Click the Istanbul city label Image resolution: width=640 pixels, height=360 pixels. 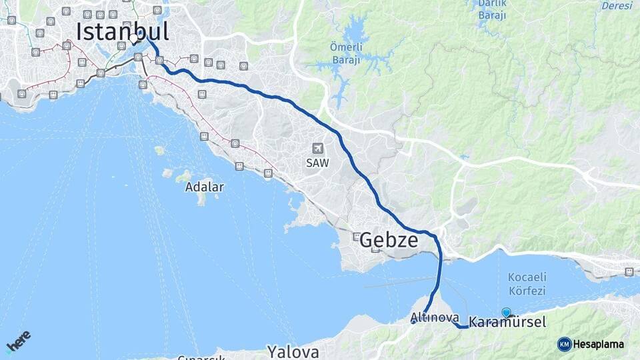[x=122, y=31]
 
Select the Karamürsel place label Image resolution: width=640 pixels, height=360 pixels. [x=507, y=322]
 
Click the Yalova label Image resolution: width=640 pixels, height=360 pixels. [x=293, y=351]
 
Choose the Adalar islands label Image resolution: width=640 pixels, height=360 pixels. [x=204, y=187]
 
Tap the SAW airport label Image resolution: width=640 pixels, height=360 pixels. [x=318, y=162]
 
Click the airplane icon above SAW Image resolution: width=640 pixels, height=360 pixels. [x=318, y=148]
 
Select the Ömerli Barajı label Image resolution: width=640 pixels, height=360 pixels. [x=345, y=53]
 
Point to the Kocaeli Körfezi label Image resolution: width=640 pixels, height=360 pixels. [x=527, y=283]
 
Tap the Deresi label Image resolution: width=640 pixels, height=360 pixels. [x=617, y=5]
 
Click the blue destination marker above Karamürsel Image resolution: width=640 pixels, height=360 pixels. [x=507, y=312]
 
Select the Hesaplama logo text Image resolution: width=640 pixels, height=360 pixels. [x=599, y=344]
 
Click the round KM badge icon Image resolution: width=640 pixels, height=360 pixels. [x=564, y=344]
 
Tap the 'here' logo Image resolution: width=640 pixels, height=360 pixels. [x=18, y=341]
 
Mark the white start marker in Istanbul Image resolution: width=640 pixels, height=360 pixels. [x=134, y=38]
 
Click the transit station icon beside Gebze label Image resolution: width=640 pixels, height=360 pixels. [x=357, y=237]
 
